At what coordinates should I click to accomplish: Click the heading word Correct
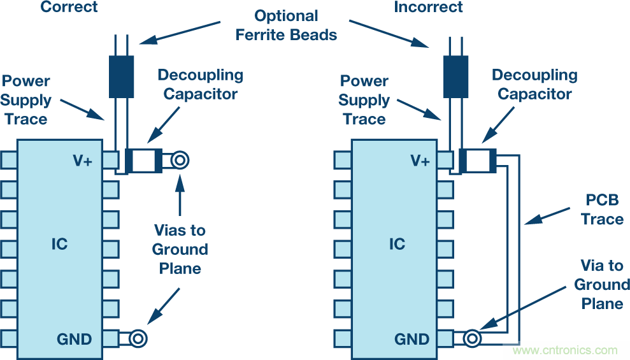point(69,8)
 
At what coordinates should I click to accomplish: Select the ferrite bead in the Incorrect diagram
point(455,76)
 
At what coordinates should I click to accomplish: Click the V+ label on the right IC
point(420,161)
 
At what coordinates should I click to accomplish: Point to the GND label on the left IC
point(75,338)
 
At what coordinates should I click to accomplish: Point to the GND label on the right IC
point(412,338)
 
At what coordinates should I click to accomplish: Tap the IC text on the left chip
point(59,244)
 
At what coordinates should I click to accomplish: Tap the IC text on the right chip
point(397,244)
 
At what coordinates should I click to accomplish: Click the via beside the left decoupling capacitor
point(180,160)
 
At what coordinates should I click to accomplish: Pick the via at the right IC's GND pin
point(473,338)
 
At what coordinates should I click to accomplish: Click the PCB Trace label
point(602,210)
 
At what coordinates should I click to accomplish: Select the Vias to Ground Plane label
point(180,249)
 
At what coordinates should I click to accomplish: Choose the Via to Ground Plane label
point(602,284)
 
